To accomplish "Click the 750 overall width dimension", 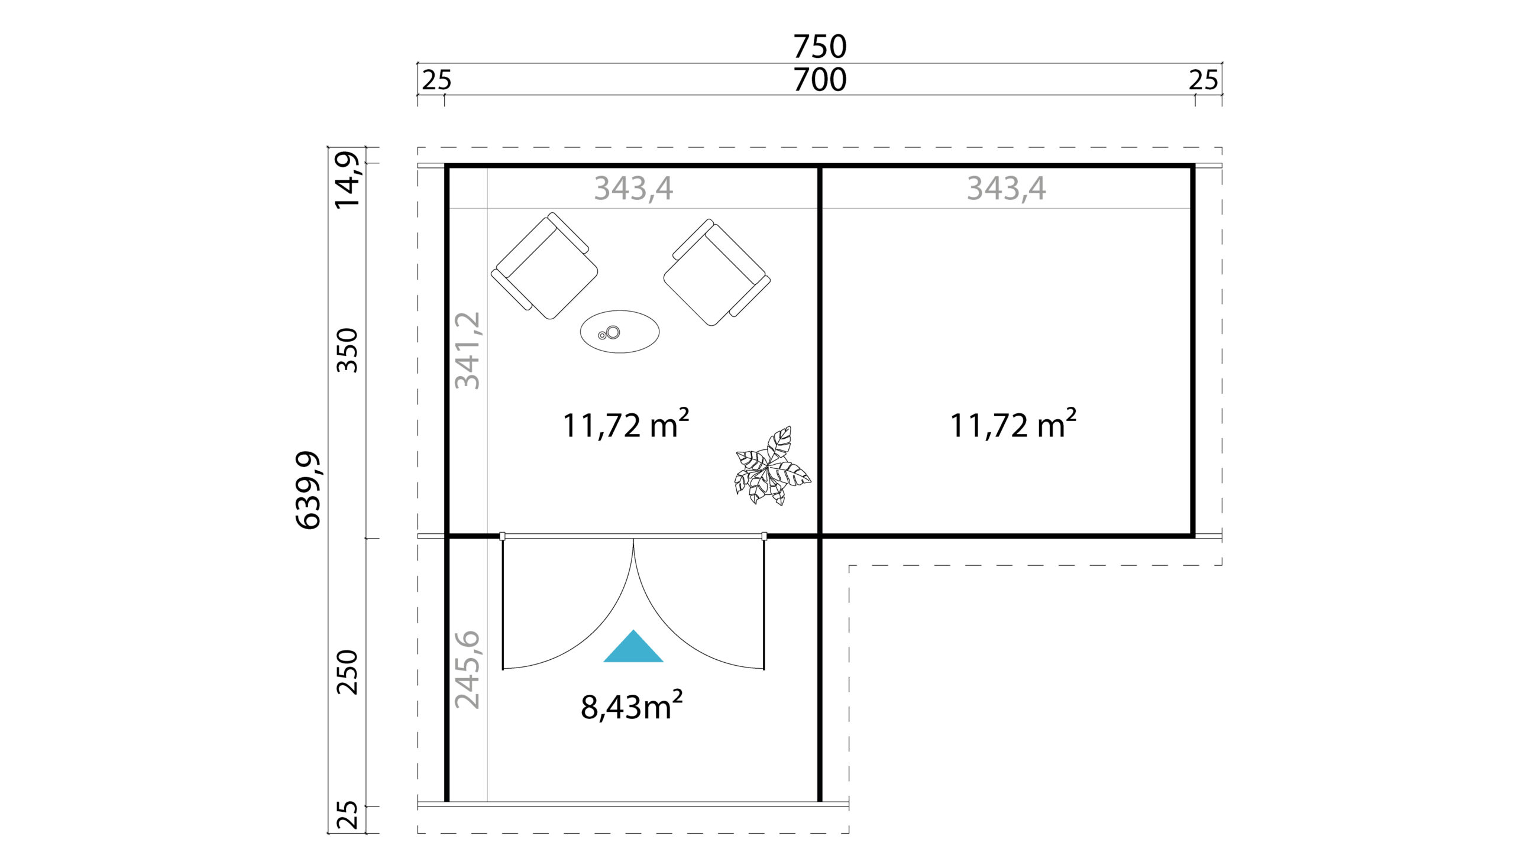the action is point(819,46).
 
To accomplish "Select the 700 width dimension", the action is point(819,80).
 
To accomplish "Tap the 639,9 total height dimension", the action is point(308,490).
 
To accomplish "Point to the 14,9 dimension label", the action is point(347,180).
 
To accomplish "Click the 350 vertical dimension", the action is point(348,351).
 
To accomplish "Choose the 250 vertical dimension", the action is point(348,672).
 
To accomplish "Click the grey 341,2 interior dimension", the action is point(467,351).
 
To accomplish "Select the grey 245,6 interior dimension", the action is point(467,669).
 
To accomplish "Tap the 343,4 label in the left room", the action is point(633,189).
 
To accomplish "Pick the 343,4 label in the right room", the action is point(1006,189).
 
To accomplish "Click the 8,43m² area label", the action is point(632,706).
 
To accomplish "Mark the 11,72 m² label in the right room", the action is point(1013,424).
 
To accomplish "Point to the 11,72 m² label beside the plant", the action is point(626,424).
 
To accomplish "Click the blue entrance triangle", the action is point(633,647).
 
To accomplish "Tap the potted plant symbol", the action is point(771,467).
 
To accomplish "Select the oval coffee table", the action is point(620,332).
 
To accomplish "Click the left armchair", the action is point(544,266).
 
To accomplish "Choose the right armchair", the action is point(717,272).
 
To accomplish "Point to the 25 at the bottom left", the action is point(348,815).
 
